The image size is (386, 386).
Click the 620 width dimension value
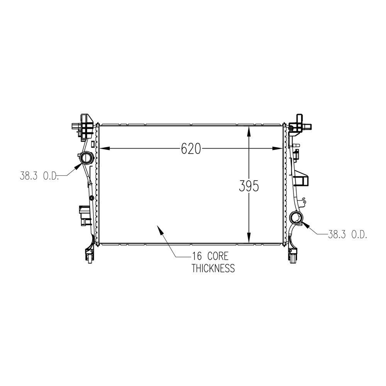click(x=191, y=149)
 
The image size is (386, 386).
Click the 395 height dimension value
click(x=249, y=186)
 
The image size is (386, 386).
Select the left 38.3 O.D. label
click(x=39, y=176)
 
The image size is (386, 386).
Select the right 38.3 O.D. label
click(x=347, y=234)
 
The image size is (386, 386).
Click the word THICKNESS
click(x=213, y=268)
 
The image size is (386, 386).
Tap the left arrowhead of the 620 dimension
click(x=104, y=149)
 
